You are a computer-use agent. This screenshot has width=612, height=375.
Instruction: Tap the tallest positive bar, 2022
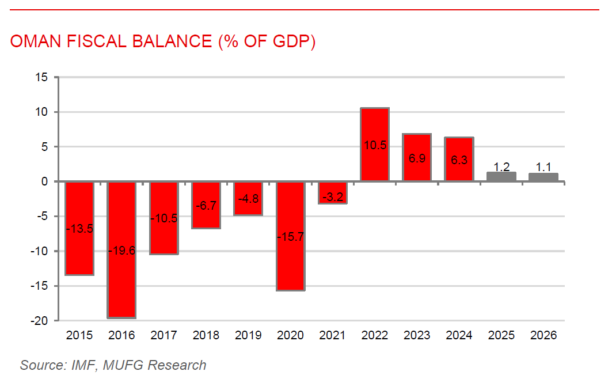(x=375, y=145)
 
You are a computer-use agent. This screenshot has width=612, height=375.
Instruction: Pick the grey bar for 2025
(x=501, y=177)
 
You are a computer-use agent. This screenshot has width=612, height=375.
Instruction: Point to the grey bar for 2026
(x=543, y=177)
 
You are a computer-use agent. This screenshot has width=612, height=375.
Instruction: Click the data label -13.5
(x=79, y=228)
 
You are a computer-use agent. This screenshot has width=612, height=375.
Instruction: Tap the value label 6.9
(x=417, y=158)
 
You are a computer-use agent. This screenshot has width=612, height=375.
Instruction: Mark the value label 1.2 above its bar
(x=501, y=167)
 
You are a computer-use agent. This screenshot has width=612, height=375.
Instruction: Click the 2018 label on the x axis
(x=206, y=335)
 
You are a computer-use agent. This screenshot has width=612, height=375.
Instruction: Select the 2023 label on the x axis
(x=417, y=335)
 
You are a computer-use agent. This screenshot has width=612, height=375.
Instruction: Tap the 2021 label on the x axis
(x=333, y=335)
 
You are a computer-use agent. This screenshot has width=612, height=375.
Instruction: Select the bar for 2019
(x=248, y=199)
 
